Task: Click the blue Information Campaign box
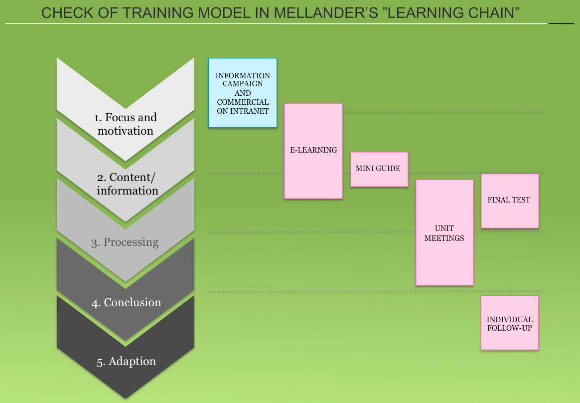(243, 93)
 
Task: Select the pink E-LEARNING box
(313, 151)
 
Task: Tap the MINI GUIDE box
(379, 169)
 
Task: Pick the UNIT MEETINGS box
(444, 232)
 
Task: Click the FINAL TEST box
(510, 201)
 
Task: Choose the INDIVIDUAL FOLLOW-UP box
(510, 323)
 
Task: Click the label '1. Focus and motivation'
(126, 124)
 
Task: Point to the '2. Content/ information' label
(127, 184)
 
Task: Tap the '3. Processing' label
(125, 242)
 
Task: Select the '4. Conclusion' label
(126, 303)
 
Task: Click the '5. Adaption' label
(126, 361)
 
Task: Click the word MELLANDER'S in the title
(326, 13)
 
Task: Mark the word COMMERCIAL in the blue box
(243, 102)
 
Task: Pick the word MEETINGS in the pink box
(444, 238)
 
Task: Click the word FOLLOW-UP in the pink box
(509, 328)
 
